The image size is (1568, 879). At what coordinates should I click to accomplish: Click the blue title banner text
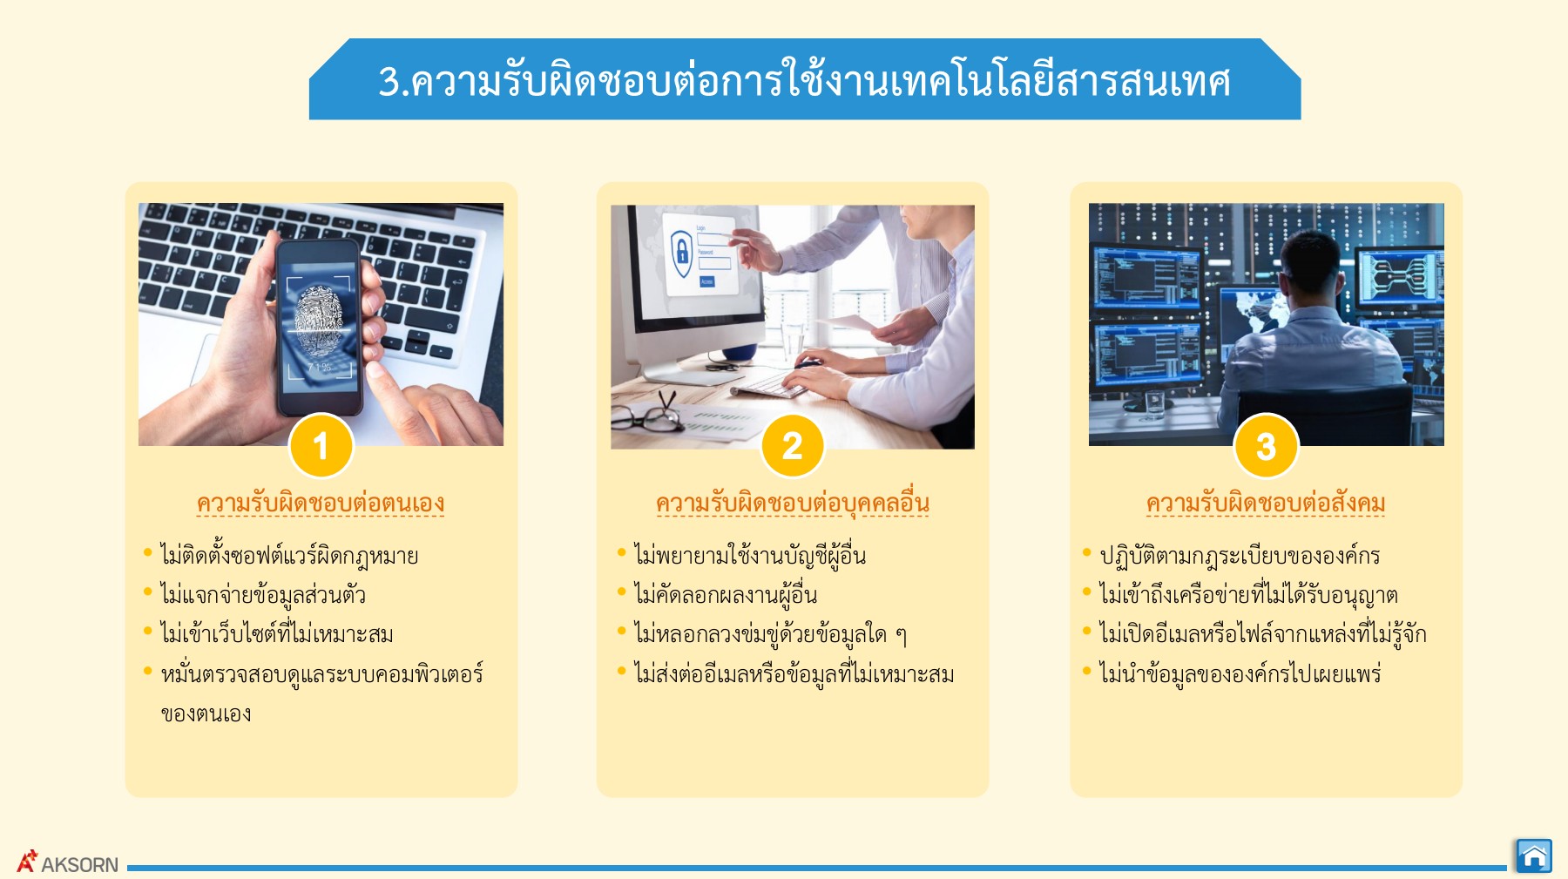coord(804,81)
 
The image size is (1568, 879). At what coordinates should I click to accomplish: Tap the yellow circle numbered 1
coord(321,446)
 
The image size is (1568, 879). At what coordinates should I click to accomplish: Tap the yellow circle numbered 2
coord(793,446)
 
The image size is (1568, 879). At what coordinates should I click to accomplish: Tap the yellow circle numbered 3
coord(1266,446)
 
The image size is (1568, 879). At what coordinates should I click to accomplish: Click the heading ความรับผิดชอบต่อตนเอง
coord(321,504)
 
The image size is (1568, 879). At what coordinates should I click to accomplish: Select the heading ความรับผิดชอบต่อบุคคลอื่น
coord(793,504)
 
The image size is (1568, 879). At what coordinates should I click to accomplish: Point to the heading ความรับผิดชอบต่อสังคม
coord(1266,504)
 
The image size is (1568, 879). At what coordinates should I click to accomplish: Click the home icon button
coord(1534,855)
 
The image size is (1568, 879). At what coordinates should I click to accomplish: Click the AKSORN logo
coord(68,862)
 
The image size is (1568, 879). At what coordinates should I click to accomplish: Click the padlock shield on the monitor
coord(681,252)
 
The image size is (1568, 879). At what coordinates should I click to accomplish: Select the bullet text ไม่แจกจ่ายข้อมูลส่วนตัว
coord(263,596)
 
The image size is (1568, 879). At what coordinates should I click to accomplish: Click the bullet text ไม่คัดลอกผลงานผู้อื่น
coord(726,596)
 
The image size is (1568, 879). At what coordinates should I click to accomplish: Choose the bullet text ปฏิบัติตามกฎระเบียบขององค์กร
coord(1240,556)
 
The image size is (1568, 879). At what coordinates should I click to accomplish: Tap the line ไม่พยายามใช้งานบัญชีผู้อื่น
coord(750,556)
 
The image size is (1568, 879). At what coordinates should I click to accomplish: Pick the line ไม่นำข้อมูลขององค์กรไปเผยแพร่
coord(1240,674)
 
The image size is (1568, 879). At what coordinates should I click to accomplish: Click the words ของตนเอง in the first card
coord(206,714)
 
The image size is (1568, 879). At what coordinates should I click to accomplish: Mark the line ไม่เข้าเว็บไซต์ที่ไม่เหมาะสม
coord(277,634)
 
